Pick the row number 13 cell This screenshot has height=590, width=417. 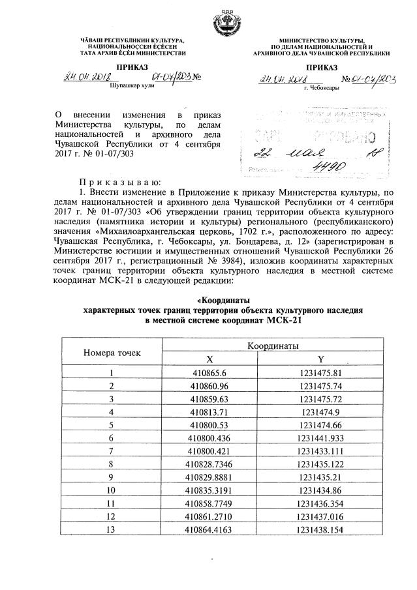tap(112, 529)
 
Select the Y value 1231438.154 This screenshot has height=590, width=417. tap(320, 529)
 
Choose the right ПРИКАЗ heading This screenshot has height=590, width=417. tap(320, 67)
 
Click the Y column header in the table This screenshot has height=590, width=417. tap(320, 359)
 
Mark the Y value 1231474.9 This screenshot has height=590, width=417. tap(320, 412)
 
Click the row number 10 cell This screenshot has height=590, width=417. tap(112, 490)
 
